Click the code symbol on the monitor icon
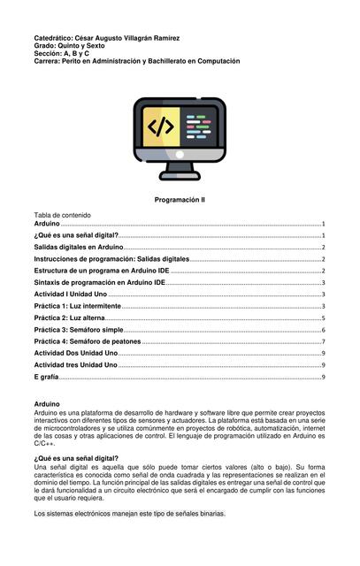160,126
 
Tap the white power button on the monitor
180,153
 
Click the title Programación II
180,201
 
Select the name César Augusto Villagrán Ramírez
131,39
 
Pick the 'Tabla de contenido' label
62,215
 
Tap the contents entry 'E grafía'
46,377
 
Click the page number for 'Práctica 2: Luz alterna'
324,318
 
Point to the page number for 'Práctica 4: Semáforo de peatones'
324,341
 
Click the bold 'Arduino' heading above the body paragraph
46,403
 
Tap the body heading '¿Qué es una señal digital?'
76,458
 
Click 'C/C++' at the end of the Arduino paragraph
44,443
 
